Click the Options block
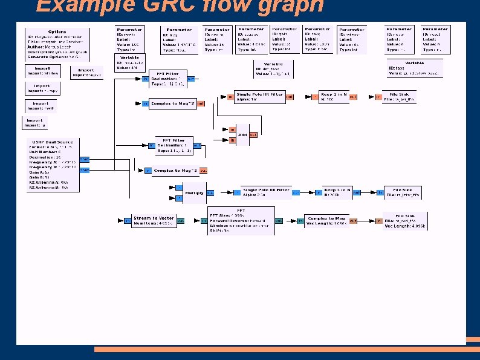(x=57, y=43)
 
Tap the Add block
(x=242, y=134)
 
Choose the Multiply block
(x=195, y=193)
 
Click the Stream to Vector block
(x=154, y=221)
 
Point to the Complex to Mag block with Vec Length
(x=326, y=221)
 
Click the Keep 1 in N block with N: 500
(x=334, y=97)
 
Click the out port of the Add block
(x=253, y=134)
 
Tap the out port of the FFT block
(x=279, y=221)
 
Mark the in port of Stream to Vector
(x=128, y=221)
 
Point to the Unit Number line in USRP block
(x=48, y=151)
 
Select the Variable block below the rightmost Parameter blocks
(x=414, y=67)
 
